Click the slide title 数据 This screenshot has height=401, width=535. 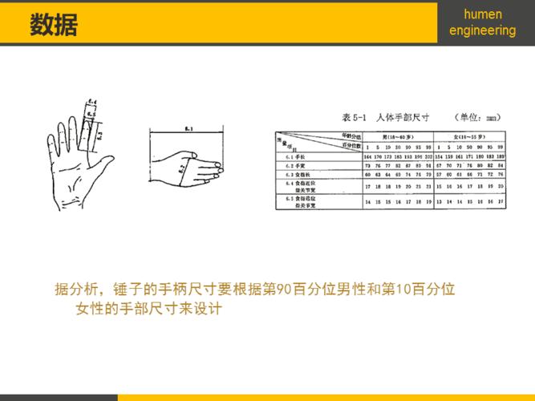click(54, 24)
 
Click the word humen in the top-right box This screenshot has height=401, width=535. click(483, 14)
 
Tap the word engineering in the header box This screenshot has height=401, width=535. click(483, 30)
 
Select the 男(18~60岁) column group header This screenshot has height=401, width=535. click(393, 137)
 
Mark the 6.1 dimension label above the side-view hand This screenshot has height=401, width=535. click(187, 128)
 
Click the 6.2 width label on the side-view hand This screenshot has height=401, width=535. click(181, 168)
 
